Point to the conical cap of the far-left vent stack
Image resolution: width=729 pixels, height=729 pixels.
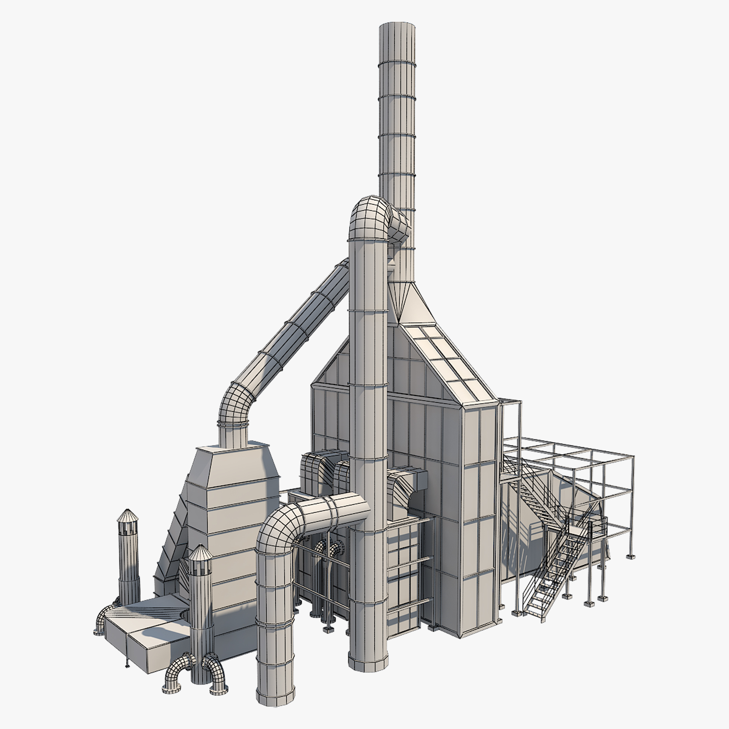[x=127, y=515]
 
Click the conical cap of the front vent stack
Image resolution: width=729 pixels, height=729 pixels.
[x=200, y=552]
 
